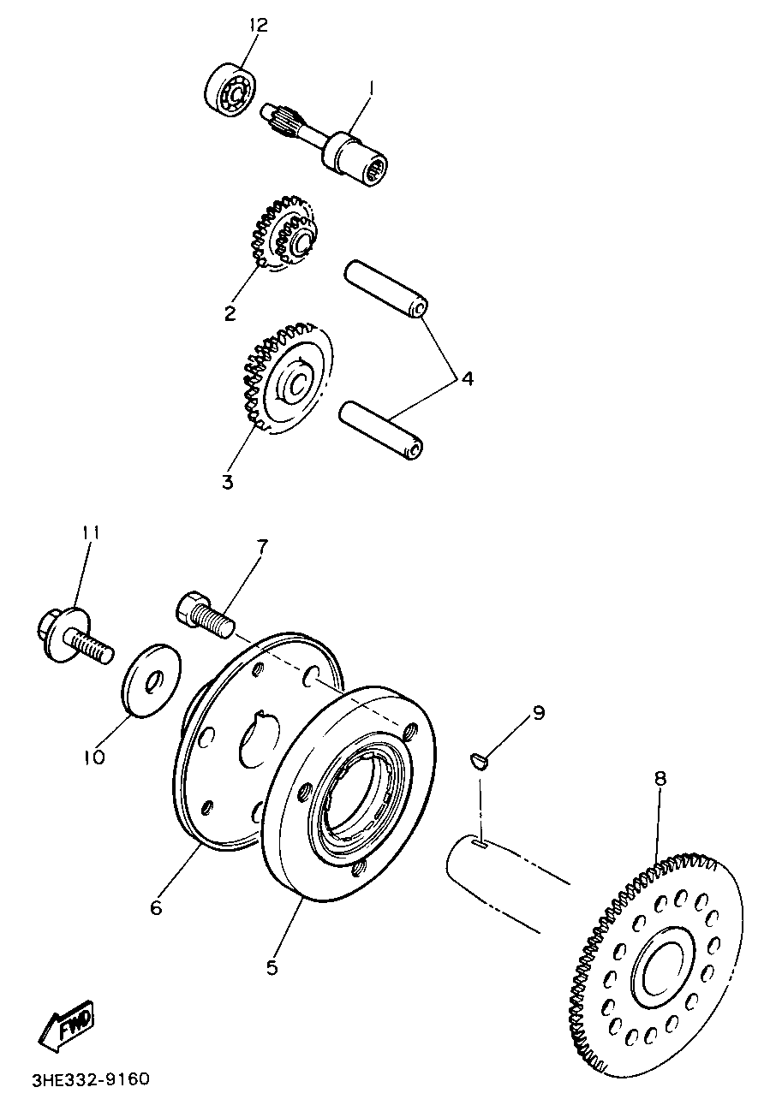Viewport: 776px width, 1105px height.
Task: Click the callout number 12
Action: click(x=258, y=25)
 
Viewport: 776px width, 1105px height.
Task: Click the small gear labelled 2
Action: click(x=281, y=239)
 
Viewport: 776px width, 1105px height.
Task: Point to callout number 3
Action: click(x=228, y=482)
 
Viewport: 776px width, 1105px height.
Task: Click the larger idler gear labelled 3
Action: click(x=286, y=381)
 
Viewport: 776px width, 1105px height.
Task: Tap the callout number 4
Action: click(x=467, y=377)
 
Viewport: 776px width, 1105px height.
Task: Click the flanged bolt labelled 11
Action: click(x=75, y=634)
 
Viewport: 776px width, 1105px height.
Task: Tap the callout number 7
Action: click(x=262, y=544)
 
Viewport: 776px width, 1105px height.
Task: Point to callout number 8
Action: click(x=660, y=779)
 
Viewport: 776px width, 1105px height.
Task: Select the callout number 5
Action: click(x=272, y=967)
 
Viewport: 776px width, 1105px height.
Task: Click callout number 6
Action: click(x=156, y=908)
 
